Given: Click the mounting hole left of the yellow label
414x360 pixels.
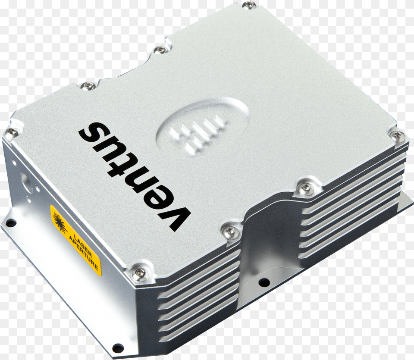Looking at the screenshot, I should [x=11, y=223].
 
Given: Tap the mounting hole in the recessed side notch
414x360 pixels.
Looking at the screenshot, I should [x=264, y=282].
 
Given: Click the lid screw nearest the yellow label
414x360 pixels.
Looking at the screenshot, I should [x=139, y=272].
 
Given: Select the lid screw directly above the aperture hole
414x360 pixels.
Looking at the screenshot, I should [x=12, y=133].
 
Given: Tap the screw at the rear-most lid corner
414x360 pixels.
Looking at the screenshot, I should [x=249, y=5].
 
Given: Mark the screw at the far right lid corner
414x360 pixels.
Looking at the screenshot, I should [x=396, y=136].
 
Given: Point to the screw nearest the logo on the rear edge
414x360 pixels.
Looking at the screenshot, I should [x=160, y=50].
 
